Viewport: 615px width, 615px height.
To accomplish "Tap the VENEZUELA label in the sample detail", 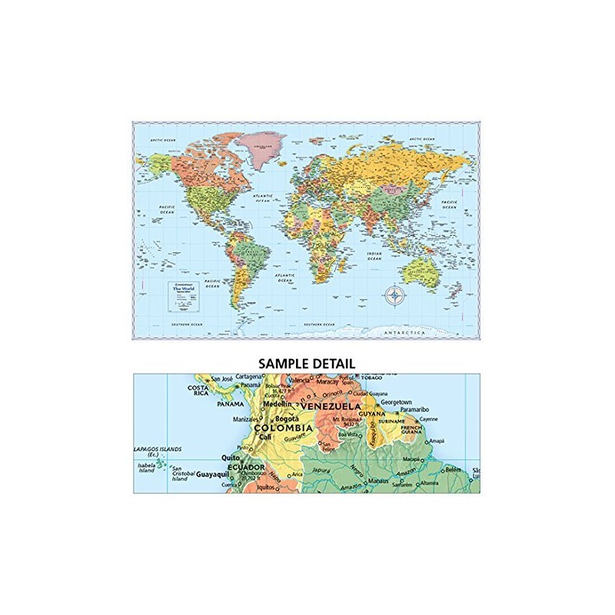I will point(331,405).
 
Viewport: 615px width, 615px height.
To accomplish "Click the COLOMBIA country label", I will point(283,427).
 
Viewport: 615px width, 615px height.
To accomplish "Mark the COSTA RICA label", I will point(198,391).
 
